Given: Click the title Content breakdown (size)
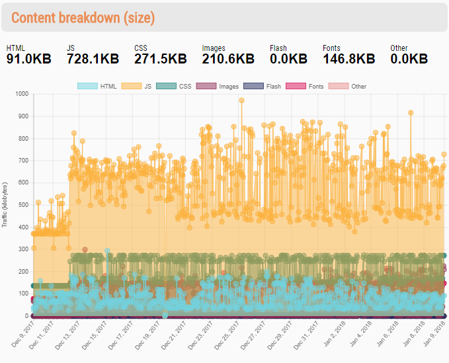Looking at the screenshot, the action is (83, 18).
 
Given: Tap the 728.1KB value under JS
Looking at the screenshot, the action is (93, 59).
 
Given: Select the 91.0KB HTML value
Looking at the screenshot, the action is (28, 59).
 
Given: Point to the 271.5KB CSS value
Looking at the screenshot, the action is (160, 59).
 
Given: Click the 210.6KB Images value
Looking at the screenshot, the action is (228, 59).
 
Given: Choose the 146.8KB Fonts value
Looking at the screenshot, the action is (348, 59).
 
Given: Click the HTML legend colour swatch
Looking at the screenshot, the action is (87, 86).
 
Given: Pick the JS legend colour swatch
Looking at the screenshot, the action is (132, 86).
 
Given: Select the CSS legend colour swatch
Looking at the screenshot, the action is (166, 86).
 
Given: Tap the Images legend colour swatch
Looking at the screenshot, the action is (206, 86).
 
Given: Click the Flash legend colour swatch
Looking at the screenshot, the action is (253, 86).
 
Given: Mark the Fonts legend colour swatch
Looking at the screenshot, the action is (296, 86).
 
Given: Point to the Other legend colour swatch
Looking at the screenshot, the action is (339, 86).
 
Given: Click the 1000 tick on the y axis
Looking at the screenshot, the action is (22, 94).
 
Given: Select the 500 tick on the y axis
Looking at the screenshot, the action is (24, 205).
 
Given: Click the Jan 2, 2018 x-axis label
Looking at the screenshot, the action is (335, 334).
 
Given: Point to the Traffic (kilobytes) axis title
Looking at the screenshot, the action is (4, 205).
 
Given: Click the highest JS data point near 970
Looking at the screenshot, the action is (241, 101).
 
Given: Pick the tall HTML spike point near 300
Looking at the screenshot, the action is (107, 251).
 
